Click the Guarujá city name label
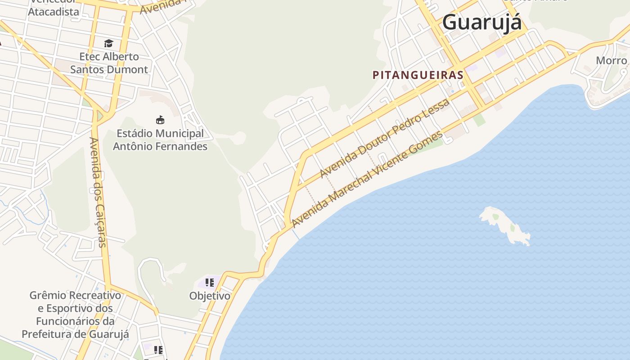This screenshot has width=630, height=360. click(481, 22)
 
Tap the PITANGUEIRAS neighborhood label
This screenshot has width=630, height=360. click(418, 75)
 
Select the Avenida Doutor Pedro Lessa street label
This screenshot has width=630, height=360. click(384, 138)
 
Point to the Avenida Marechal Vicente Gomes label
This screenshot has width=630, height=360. click(367, 179)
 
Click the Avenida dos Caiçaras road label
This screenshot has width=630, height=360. click(98, 192)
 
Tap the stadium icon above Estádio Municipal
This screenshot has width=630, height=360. click(160, 120)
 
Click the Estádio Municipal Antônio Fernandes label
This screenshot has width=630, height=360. click(160, 140)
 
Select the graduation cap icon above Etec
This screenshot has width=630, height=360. click(108, 43)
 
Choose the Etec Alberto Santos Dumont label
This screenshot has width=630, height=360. click(109, 63)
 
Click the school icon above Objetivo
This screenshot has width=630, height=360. click(209, 283)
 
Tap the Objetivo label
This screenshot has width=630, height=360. click(210, 296)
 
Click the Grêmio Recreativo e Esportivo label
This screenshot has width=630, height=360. click(75, 315)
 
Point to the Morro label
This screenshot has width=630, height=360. click(611, 60)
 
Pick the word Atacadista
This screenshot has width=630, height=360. click(54, 12)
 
